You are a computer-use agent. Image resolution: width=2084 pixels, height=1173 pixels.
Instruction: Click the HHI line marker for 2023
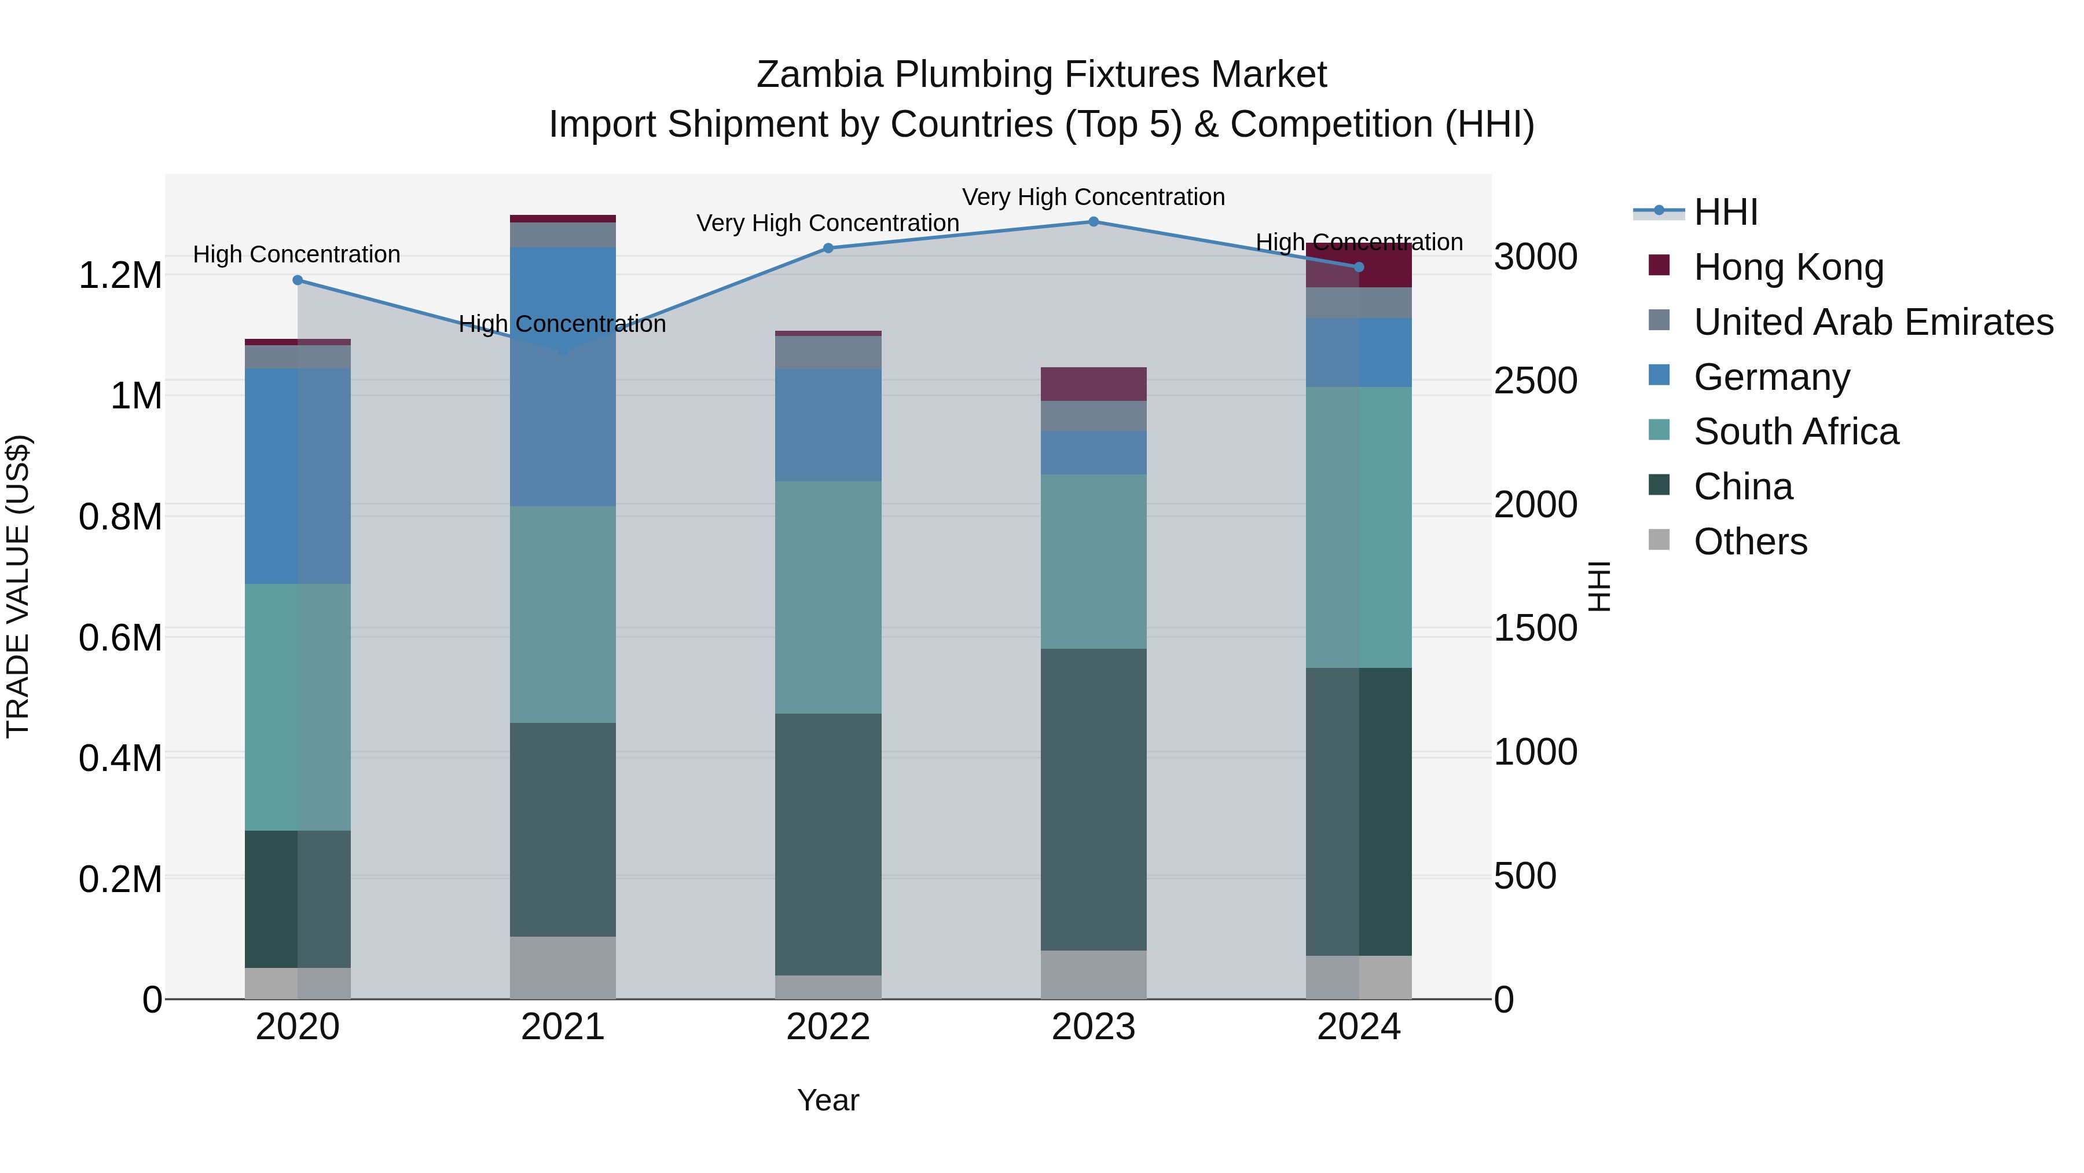(x=1093, y=222)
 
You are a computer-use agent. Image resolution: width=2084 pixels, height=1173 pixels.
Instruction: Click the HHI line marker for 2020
(x=298, y=280)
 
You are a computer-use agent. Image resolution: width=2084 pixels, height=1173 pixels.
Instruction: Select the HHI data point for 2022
(x=828, y=249)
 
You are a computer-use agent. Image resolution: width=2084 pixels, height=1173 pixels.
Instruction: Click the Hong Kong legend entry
(x=1788, y=267)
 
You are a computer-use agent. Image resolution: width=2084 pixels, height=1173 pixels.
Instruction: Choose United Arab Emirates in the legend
(x=1873, y=322)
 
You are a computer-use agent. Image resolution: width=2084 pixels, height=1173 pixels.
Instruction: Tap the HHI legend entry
(x=1725, y=212)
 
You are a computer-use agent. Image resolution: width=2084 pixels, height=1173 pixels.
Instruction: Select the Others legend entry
(x=1750, y=542)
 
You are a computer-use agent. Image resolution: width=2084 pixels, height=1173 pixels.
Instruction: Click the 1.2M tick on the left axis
(x=120, y=275)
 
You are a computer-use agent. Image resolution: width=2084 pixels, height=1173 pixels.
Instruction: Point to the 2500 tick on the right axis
(x=1535, y=381)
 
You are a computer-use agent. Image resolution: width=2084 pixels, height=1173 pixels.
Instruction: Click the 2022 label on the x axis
(x=828, y=1027)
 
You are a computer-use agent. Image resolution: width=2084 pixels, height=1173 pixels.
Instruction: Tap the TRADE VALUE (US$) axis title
(x=18, y=586)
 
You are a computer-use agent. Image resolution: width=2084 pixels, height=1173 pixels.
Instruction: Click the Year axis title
(x=828, y=1100)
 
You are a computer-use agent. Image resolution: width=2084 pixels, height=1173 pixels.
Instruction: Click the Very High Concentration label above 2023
(x=1093, y=197)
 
